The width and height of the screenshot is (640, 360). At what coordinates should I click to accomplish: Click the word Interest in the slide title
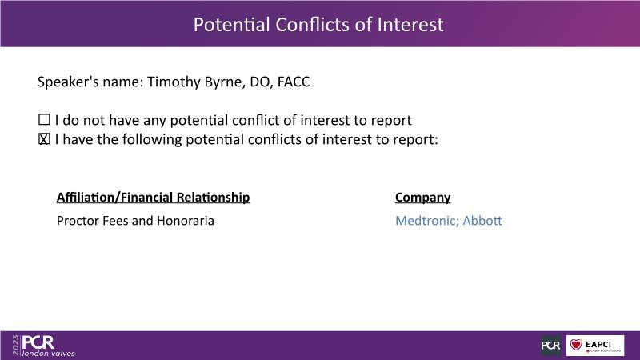410,25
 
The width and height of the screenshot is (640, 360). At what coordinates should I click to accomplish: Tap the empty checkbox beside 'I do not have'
44,119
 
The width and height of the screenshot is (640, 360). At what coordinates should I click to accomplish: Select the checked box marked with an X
44,139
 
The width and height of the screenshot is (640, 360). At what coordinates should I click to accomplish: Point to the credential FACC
294,82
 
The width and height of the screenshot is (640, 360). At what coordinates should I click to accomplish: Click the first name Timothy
174,82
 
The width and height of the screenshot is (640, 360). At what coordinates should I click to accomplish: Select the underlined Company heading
423,198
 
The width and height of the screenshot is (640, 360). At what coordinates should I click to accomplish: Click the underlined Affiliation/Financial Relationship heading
153,198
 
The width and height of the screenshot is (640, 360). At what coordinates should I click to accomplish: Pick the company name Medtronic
427,221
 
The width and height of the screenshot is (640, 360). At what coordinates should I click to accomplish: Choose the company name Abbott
482,221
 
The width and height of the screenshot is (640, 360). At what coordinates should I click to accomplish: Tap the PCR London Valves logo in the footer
48,346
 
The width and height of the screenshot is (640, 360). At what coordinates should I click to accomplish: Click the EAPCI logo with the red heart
595,346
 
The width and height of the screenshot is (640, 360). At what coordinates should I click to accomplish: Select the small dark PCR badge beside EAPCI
550,346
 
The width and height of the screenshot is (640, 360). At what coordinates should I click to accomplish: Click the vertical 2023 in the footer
16,346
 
